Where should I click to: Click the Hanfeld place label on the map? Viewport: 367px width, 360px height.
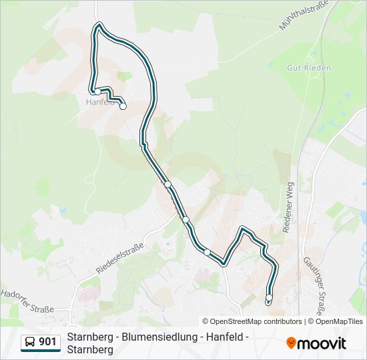click(100, 102)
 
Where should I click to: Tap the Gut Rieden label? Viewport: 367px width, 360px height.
click(308, 68)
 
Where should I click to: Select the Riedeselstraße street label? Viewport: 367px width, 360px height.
click(121, 258)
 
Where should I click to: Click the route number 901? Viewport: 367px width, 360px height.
click(47, 342)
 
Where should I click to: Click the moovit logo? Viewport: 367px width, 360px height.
click(316, 343)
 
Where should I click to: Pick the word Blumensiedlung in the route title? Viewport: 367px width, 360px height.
click(159, 337)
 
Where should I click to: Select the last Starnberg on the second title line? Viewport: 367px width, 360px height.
click(90, 350)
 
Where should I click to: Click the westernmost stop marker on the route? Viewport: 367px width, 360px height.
click(97, 91)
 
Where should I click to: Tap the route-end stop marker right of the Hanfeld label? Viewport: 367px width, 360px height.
click(123, 106)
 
